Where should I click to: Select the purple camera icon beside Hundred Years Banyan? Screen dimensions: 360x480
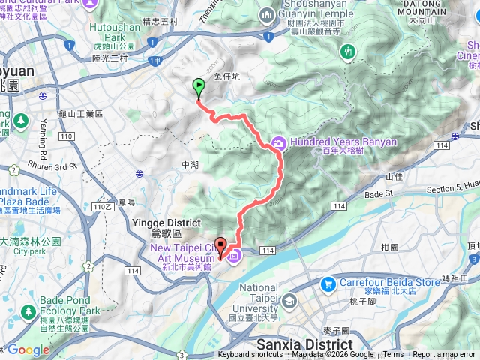pyautogui.click(x=278, y=142)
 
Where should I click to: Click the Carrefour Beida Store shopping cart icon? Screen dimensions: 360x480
pyautogui.click(x=328, y=284)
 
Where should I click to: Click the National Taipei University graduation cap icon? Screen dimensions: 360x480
pyautogui.click(x=289, y=301)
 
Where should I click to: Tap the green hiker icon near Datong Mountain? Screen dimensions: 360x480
pyautogui.click(x=348, y=52)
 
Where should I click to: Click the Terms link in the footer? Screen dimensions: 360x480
pyautogui.click(x=393, y=355)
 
